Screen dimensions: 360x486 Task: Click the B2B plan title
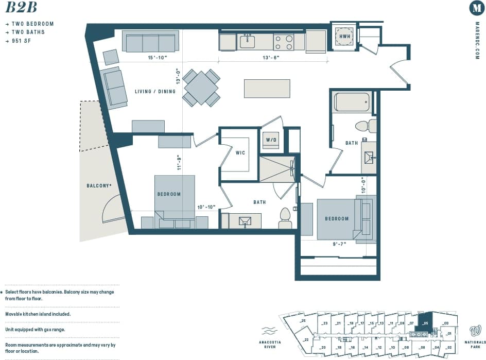click(x=21, y=8)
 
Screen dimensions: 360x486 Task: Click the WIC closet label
click(x=240, y=153)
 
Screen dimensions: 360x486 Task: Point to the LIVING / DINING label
click(x=155, y=92)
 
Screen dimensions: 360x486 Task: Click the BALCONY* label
click(x=99, y=185)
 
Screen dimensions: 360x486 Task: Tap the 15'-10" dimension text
click(x=157, y=58)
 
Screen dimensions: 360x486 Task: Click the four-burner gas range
click(x=283, y=42)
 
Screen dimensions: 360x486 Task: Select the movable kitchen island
click(x=267, y=88)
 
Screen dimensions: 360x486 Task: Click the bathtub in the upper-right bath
click(x=352, y=102)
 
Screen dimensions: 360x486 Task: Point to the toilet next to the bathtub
click(x=362, y=126)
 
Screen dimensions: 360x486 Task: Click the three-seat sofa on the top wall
click(x=150, y=41)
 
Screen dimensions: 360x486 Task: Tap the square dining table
click(x=201, y=88)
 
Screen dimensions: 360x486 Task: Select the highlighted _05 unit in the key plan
click(x=425, y=322)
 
